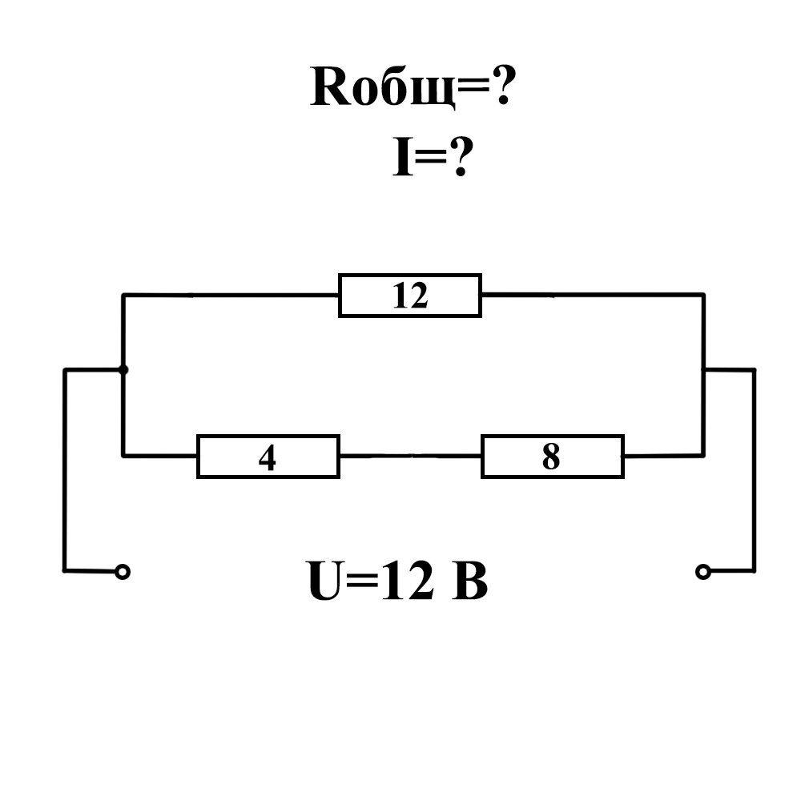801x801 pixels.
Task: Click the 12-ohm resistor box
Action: [x=409, y=296]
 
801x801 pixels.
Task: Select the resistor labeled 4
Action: [x=268, y=457]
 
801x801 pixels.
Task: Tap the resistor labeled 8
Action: [x=552, y=457]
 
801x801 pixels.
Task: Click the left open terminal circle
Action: [x=123, y=571]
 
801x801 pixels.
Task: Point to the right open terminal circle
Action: [x=702, y=571]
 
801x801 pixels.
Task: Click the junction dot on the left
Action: [x=123, y=369]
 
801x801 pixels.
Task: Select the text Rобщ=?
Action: [x=411, y=88]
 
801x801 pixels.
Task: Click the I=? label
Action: [x=429, y=159]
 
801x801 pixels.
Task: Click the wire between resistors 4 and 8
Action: [x=409, y=456]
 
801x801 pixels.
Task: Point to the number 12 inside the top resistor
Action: [x=410, y=296]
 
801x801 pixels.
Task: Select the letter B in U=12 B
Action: [x=470, y=582]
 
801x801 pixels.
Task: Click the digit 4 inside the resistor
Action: [x=268, y=457]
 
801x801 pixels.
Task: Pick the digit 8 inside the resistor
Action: [x=551, y=457]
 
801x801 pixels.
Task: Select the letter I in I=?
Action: [x=401, y=159]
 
